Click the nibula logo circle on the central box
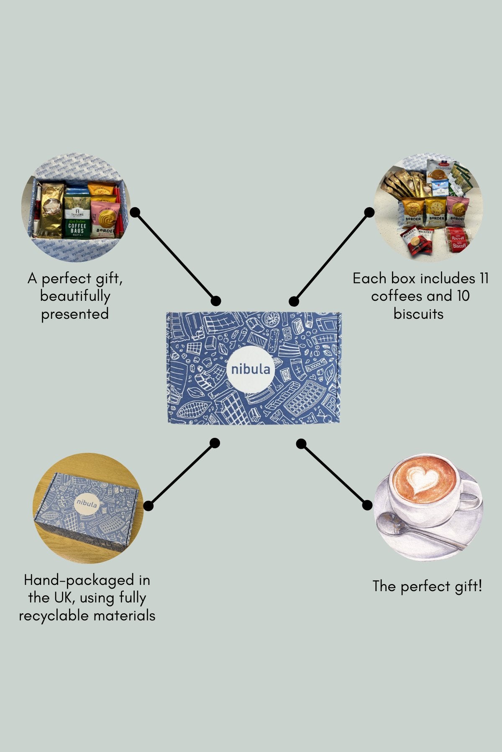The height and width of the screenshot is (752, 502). [x=251, y=369]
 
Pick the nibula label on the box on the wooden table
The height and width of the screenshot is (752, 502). [x=87, y=504]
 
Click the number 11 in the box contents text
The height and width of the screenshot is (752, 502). [x=482, y=279]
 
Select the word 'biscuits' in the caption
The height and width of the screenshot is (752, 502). [x=418, y=314]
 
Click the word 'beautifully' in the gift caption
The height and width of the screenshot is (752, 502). [x=75, y=296]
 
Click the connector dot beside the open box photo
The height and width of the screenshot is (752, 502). [x=135, y=212]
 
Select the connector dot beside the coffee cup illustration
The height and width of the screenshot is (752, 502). [x=367, y=505]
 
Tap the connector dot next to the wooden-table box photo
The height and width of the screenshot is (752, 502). [x=148, y=506]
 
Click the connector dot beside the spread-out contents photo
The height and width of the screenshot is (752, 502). [x=369, y=212]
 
